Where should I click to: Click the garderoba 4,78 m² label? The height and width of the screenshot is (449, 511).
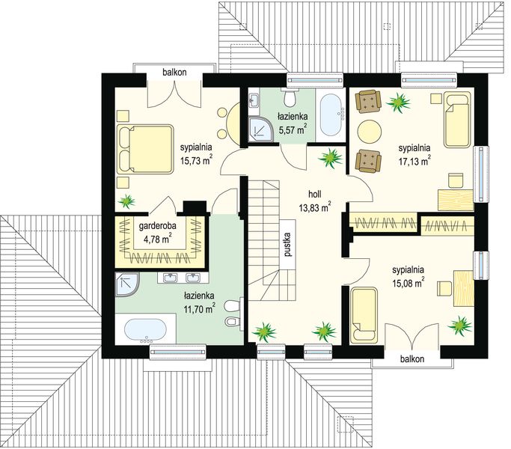click(158, 233)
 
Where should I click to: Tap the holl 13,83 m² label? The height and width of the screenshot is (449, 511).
click(314, 201)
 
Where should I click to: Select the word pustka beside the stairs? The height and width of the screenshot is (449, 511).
click(287, 245)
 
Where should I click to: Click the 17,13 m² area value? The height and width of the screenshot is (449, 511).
click(414, 161)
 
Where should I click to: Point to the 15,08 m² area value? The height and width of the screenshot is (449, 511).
click(409, 284)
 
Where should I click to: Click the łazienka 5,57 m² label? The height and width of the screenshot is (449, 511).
click(293, 123)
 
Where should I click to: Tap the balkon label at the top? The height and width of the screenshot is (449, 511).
click(174, 72)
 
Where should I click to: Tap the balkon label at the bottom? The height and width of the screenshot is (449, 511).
click(412, 359)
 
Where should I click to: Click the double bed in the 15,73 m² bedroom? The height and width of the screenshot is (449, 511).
click(144, 150)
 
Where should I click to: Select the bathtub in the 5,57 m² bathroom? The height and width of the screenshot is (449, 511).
click(331, 114)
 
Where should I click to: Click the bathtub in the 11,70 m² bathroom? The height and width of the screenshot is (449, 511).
click(146, 330)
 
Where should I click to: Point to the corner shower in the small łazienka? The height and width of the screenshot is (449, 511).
click(260, 129)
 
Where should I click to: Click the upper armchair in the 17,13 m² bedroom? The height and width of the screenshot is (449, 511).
click(368, 101)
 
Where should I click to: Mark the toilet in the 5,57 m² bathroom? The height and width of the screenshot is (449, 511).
click(290, 97)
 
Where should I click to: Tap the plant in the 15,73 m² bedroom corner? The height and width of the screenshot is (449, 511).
click(126, 201)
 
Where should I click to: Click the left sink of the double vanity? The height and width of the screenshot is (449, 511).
click(170, 278)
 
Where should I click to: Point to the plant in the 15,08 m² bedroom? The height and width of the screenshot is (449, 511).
click(459, 325)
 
